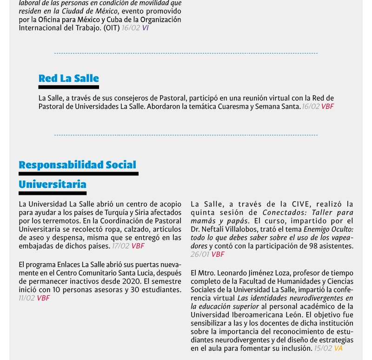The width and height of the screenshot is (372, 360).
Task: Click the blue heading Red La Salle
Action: click(x=68, y=78)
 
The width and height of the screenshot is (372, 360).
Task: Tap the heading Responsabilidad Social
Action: click(x=77, y=165)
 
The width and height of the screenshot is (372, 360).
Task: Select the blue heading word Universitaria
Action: click(x=52, y=185)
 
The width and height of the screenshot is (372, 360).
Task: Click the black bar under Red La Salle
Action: click(x=68, y=87)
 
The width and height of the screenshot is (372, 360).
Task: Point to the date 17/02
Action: click(x=120, y=246)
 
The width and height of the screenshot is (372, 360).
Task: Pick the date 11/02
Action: click(x=27, y=298)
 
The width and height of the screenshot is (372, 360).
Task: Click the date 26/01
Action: click(x=199, y=254)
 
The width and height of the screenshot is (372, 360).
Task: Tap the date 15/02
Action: click(x=323, y=348)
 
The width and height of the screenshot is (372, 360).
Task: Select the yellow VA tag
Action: click(x=338, y=348)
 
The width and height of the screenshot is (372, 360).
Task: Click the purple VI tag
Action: click(x=146, y=28)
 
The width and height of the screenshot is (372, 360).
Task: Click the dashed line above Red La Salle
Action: click(x=186, y=53)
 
